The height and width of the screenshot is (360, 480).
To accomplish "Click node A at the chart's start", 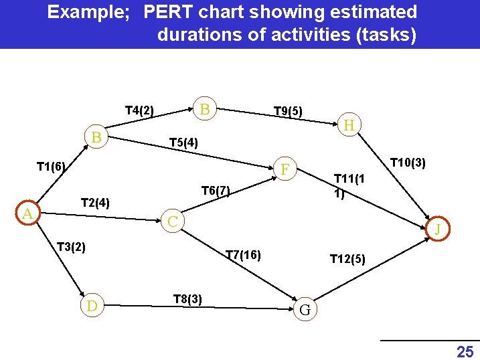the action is pos(27,213).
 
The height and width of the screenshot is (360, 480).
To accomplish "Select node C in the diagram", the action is pos(173,221).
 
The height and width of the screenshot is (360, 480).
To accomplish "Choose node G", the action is pos(305,310).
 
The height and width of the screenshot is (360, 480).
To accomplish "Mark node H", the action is pos(349,125).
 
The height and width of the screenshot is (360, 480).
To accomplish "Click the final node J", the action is pos(438,230).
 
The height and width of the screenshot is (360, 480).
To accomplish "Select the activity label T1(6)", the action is pos(51,167).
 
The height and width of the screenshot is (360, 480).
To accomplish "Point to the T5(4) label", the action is pos(183,143).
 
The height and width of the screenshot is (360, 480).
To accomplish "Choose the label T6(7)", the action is pos(216,191).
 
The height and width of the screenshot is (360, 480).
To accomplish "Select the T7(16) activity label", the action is pos(243,254).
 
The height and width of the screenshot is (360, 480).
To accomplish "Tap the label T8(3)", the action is pos(187,298).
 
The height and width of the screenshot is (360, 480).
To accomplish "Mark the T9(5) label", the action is pos(288,110).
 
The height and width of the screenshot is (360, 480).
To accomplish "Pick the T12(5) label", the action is pos(347,259).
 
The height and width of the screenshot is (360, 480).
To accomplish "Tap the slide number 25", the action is pos(464,351).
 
